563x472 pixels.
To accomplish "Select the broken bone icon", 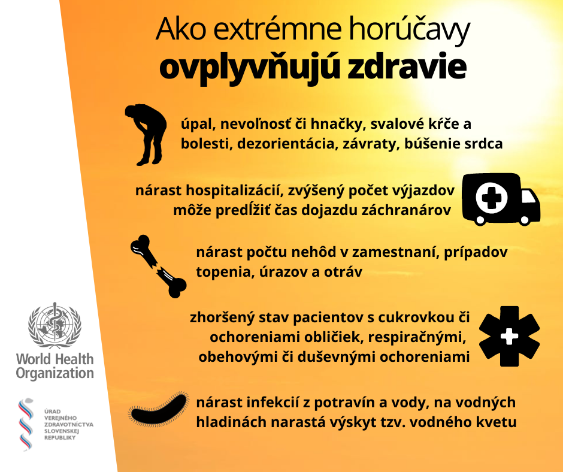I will (x=158, y=266).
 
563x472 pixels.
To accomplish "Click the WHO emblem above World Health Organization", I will (x=55, y=326).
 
